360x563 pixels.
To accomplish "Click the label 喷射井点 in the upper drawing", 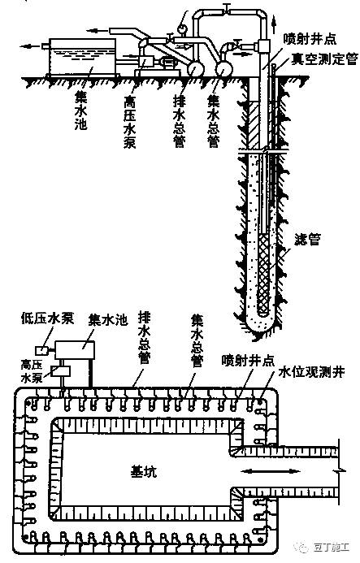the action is point(310,39).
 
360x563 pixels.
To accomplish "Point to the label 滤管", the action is point(307,239).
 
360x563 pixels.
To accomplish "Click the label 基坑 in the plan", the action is point(143,471).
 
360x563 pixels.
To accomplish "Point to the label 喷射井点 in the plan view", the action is point(248,361).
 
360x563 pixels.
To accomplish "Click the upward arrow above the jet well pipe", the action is point(275,22).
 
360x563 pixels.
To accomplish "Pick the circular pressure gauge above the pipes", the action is point(182,28).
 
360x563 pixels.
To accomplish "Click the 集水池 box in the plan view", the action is point(75,350).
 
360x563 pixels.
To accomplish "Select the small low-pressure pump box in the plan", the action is point(42,349).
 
